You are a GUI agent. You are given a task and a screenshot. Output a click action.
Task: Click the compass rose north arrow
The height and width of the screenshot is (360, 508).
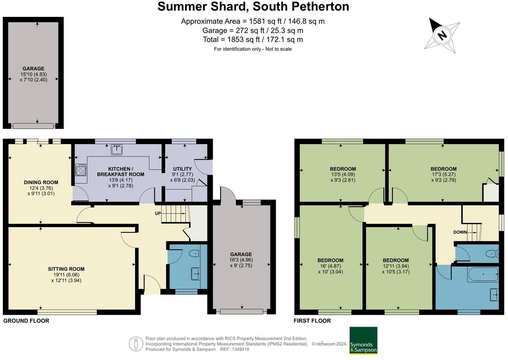442,35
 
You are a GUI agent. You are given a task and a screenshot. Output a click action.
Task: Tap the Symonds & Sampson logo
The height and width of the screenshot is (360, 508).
363,341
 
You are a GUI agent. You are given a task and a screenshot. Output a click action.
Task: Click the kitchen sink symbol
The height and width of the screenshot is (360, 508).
117,150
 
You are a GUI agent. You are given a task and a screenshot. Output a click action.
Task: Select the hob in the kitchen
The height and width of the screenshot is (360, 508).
81,170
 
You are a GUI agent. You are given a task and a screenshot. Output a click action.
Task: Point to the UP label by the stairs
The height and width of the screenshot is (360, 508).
158,213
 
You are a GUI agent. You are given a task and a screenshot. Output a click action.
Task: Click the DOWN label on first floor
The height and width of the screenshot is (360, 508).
460,232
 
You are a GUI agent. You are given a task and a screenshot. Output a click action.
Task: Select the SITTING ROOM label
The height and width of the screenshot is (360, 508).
66,269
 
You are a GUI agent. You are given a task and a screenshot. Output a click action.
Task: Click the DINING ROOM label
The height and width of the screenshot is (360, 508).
41,183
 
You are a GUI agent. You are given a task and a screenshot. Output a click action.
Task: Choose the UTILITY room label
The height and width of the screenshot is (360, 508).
182,169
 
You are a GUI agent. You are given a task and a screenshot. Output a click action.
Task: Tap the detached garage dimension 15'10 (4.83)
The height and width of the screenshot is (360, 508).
34,74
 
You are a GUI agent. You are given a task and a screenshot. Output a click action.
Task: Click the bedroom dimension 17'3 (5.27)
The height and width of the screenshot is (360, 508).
444,174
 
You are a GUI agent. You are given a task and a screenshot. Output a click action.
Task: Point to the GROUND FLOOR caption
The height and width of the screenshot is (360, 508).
26,321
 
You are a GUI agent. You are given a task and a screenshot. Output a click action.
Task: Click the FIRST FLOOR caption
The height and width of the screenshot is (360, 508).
312,321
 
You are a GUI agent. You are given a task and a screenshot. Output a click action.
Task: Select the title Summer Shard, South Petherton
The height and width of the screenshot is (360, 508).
253,7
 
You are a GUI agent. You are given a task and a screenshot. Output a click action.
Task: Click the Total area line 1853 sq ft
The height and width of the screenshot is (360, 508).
253,39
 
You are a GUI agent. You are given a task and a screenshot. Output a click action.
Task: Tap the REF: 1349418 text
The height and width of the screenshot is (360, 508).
235,349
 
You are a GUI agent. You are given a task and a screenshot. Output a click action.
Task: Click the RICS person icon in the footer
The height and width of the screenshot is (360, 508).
136,344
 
